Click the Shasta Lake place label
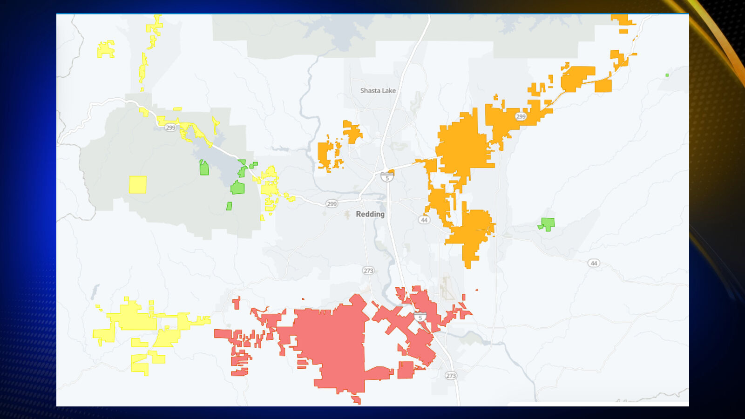[378, 91]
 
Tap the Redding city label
[370, 214]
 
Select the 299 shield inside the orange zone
[521, 116]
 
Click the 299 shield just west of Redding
[332, 203]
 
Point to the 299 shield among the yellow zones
[170, 127]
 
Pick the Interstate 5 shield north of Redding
[387, 177]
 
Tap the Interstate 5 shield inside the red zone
[420, 317]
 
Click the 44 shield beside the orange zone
[424, 220]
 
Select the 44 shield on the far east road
[594, 263]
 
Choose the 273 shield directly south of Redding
[368, 270]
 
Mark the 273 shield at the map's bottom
[451, 376]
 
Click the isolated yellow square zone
[137, 184]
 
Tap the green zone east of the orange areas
[548, 224]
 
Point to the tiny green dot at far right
[667, 75]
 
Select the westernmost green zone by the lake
[204, 168]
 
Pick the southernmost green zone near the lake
[229, 206]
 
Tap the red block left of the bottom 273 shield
[406, 370]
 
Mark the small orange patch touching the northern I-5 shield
[391, 172]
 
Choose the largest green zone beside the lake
[237, 188]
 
